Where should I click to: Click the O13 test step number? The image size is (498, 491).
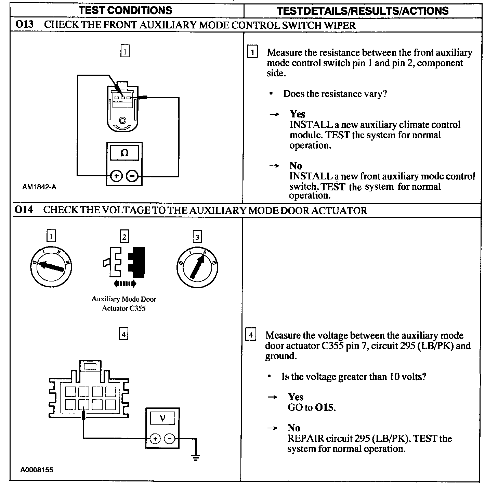(x=24, y=25)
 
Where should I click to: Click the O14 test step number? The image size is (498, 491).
(x=24, y=210)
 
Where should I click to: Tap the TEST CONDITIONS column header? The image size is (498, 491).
(x=126, y=10)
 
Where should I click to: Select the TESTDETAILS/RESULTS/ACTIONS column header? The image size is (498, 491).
(x=363, y=11)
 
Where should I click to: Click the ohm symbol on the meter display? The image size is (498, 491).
(x=124, y=153)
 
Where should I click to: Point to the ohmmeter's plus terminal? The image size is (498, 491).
(x=116, y=176)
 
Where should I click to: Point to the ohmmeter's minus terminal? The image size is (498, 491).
(x=132, y=176)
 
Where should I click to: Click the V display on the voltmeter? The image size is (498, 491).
(x=162, y=418)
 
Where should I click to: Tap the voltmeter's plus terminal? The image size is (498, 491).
(x=155, y=439)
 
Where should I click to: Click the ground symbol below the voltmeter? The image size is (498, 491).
(x=196, y=457)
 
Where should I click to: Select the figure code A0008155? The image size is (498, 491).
(x=37, y=470)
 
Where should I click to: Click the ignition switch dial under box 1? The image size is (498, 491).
(x=51, y=267)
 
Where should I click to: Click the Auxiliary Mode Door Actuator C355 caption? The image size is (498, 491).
(x=124, y=303)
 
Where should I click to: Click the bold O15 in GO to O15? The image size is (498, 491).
(x=325, y=407)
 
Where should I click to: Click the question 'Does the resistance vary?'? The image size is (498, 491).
(x=335, y=93)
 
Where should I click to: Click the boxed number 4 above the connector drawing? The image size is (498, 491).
(x=123, y=333)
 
